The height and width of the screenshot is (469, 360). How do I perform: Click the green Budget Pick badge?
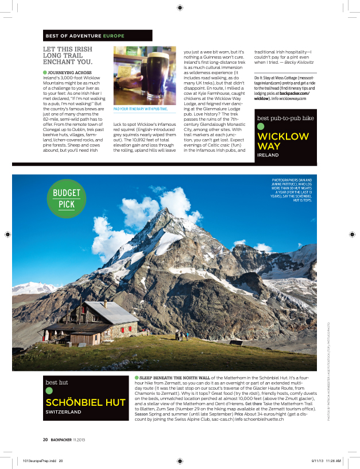67,199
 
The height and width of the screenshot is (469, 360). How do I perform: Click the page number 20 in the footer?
45,439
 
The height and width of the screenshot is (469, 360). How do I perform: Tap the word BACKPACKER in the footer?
60,439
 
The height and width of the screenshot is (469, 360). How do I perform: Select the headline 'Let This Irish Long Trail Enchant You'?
72,56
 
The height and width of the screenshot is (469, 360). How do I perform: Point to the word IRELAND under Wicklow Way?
268,155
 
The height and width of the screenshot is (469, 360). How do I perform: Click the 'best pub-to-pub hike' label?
285,118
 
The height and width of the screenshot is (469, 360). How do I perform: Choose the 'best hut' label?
56,382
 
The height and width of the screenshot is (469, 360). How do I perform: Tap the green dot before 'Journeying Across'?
45,72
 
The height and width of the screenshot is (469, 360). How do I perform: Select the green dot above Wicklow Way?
261,126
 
